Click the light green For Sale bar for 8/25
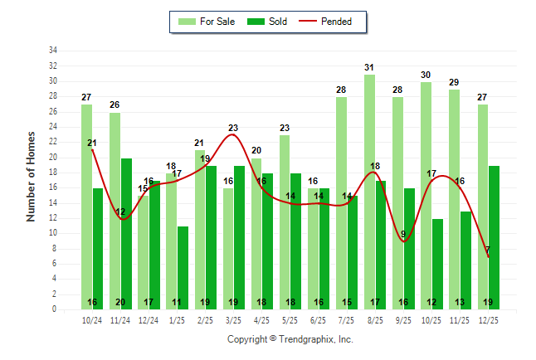[369, 191]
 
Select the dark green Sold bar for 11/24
[126, 233]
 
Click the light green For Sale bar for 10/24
[86, 207]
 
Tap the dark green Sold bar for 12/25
[494, 237]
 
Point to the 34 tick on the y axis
[52, 51]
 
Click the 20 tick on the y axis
[52, 157]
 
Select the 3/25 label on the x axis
[233, 319]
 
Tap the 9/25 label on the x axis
[403, 319]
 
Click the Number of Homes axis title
[32, 176]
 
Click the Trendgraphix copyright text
[290, 339]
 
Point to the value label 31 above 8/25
[369, 67]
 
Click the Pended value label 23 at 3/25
[233, 128]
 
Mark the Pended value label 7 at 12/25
[488, 250]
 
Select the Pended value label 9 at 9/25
[403, 234]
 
